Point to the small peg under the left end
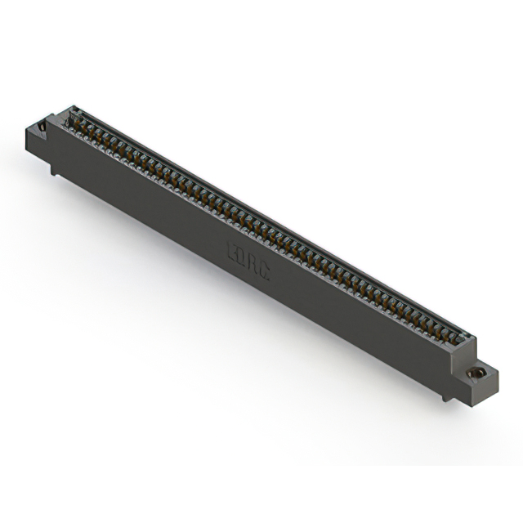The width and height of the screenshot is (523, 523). pyautogui.click(x=54, y=169)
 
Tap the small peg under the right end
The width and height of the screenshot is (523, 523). pyautogui.click(x=445, y=397)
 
